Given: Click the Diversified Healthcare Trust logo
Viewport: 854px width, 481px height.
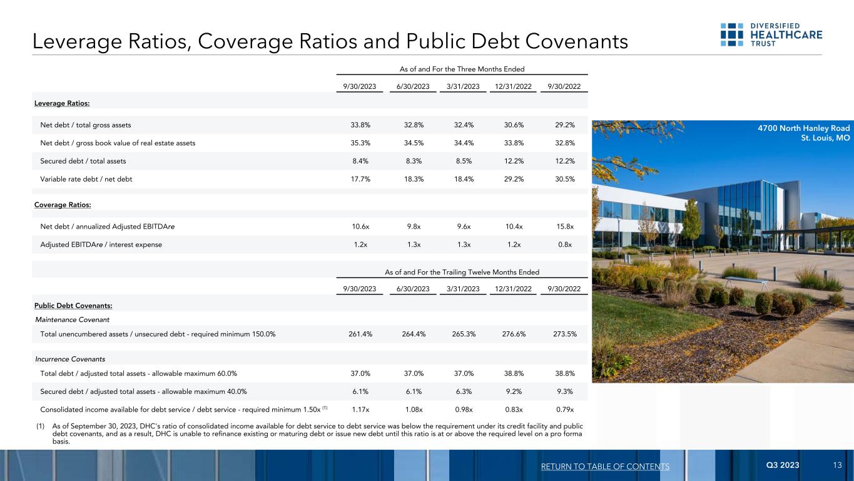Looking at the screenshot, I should [771, 35].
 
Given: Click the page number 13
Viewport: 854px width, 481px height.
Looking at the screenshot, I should [837, 466].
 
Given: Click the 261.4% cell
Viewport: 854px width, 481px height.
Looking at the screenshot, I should [360, 334].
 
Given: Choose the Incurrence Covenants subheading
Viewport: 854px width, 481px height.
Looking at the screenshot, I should [69, 359].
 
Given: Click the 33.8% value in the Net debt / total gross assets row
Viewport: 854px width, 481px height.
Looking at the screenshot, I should [360, 125].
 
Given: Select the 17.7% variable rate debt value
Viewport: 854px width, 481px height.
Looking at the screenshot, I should [360, 179].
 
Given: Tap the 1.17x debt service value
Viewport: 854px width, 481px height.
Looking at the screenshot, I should [360, 410].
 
